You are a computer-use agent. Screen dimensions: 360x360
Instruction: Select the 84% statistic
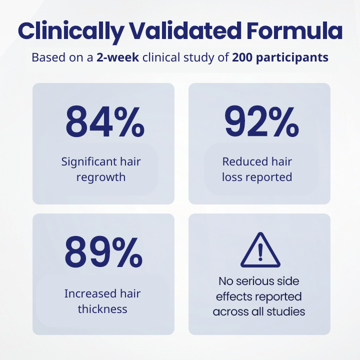pos(103,122)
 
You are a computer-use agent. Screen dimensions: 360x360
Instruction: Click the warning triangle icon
pos(259,251)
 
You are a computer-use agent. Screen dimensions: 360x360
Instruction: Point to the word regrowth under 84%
pos(101,177)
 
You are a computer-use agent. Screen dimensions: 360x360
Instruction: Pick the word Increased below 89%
pos(86,293)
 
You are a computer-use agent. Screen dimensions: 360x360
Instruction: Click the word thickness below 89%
pos(102,309)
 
